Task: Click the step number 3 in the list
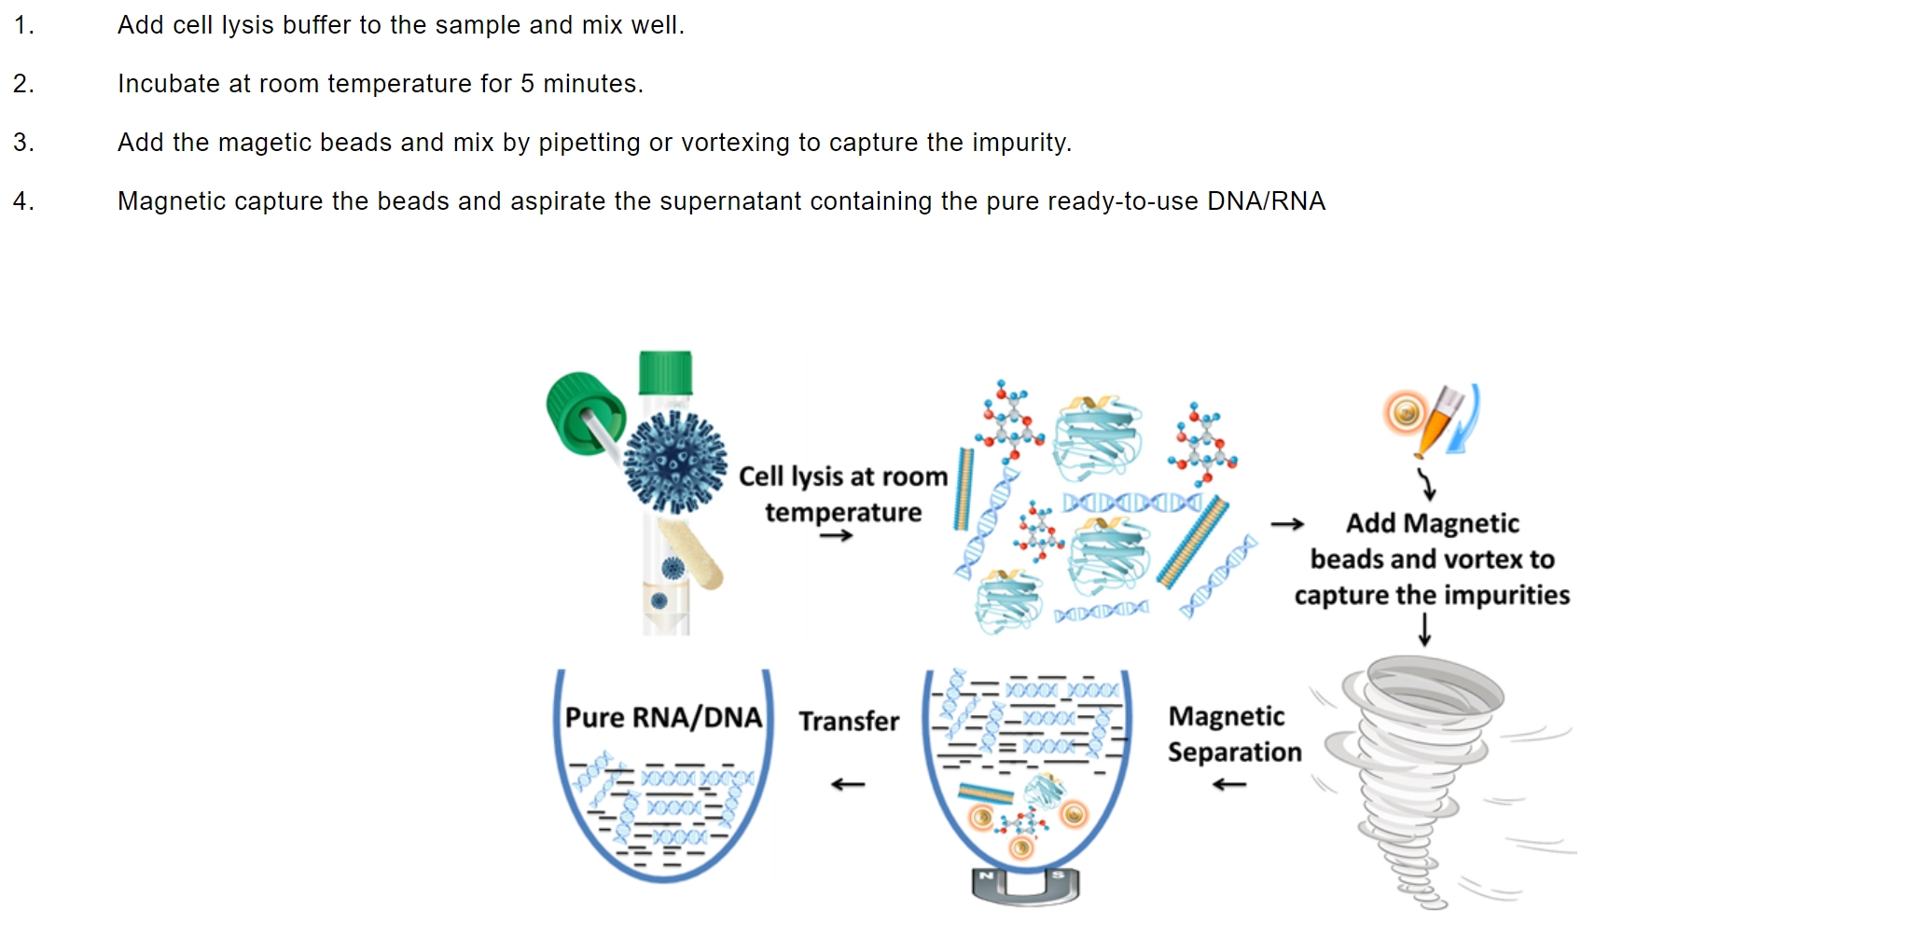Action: pyautogui.click(x=23, y=143)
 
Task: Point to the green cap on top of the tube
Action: pyautogui.click(x=665, y=373)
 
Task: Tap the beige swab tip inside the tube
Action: pyautogui.click(x=691, y=554)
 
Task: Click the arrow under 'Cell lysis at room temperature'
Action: pyautogui.click(x=836, y=535)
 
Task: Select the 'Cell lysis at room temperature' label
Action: pyautogui.click(x=843, y=494)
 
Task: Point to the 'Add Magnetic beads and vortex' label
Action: pyautogui.click(x=1432, y=559)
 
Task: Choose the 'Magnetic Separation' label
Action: pyautogui.click(x=1233, y=734)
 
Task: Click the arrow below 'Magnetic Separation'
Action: pyautogui.click(x=1229, y=785)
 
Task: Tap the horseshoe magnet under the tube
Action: pyautogui.click(x=1025, y=886)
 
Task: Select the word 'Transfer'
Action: pyautogui.click(x=849, y=721)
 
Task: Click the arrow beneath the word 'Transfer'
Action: pyautogui.click(x=848, y=784)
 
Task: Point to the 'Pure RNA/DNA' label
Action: pyautogui.click(x=663, y=717)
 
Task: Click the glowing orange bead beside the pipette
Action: pyautogui.click(x=1405, y=412)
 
